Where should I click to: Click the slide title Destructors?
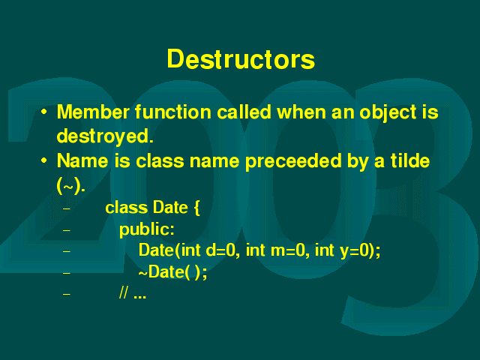coord(241,59)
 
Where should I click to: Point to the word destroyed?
coord(105,136)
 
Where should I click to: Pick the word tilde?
coord(410,160)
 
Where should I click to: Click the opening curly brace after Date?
coord(196,208)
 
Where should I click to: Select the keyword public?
coord(147,229)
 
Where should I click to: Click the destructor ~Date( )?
coord(173,271)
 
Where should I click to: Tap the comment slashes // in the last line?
coord(124,293)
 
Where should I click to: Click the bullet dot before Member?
coord(44,112)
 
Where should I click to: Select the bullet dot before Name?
coord(44,160)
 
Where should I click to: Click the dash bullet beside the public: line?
coord(67,230)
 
